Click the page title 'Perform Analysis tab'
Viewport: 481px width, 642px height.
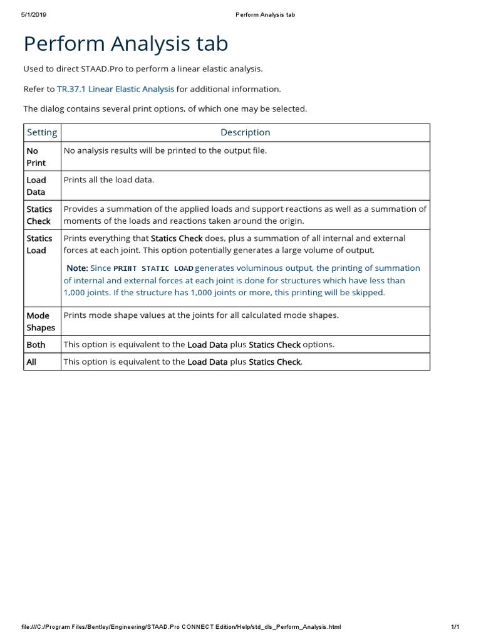(125, 44)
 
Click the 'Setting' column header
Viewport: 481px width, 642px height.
(42, 132)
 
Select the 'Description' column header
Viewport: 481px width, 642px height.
(245, 132)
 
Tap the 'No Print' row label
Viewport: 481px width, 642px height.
(36, 157)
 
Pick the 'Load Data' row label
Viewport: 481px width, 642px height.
(36, 186)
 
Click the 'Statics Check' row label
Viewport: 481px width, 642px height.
(39, 215)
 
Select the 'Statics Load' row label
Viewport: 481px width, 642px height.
(39, 244)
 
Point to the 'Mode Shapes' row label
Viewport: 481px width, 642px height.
(41, 321)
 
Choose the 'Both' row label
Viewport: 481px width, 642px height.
(36, 344)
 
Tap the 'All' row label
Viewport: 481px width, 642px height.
(31, 362)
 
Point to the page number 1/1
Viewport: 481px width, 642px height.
(455, 626)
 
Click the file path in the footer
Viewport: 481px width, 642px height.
(181, 626)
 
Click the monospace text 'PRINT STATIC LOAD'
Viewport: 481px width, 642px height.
(153, 269)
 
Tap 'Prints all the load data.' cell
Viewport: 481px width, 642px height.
(109, 180)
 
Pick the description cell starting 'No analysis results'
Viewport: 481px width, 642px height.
(165, 151)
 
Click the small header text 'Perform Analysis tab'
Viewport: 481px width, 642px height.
(265, 14)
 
